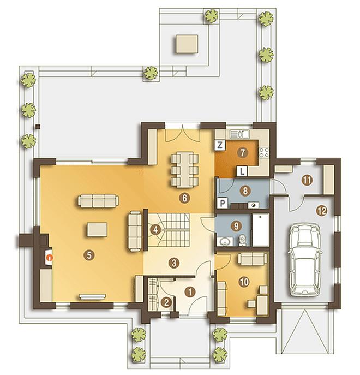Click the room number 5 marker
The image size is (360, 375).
89,255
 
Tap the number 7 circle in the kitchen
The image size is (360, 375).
242,152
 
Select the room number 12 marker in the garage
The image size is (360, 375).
321,211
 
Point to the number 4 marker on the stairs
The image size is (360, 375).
155,230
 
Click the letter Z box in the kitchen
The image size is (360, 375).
220,145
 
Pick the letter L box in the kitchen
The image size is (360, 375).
242,171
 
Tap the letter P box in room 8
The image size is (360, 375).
223,203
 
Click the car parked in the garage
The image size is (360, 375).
305,259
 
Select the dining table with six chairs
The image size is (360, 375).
185,170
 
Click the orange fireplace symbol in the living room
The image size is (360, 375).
49,257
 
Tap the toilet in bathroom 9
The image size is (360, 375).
242,240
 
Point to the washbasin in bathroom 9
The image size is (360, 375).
225,242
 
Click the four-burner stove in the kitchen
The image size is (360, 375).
264,152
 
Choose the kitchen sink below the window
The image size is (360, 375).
239,134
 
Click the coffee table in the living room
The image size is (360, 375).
97,230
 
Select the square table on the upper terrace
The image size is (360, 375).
187,44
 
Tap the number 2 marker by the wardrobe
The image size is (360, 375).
166,302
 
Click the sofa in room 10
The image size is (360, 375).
252,259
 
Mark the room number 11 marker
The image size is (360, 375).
307,180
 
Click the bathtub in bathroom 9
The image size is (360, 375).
261,230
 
